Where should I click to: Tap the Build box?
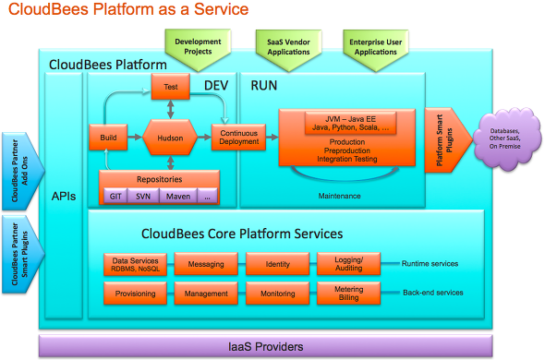[x=107, y=138]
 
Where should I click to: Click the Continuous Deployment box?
[x=238, y=138]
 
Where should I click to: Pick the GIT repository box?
[x=115, y=196]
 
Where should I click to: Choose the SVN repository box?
[x=143, y=196]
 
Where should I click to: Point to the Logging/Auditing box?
[x=343, y=264]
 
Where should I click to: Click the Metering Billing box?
[x=343, y=294]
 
